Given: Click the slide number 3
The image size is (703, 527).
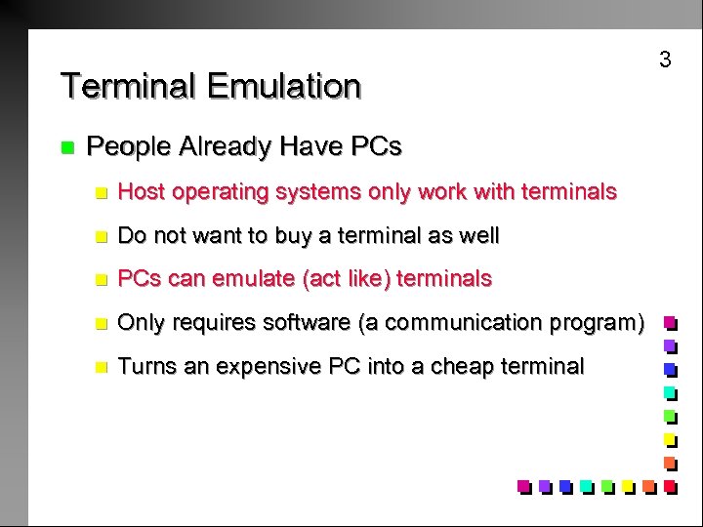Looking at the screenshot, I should (x=665, y=60).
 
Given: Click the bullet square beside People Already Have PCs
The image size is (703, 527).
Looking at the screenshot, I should (x=66, y=148).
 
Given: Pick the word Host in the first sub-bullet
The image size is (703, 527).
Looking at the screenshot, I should (x=140, y=192).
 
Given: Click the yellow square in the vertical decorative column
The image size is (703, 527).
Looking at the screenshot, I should (x=670, y=438).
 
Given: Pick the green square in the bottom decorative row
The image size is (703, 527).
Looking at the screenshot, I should (x=606, y=485).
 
